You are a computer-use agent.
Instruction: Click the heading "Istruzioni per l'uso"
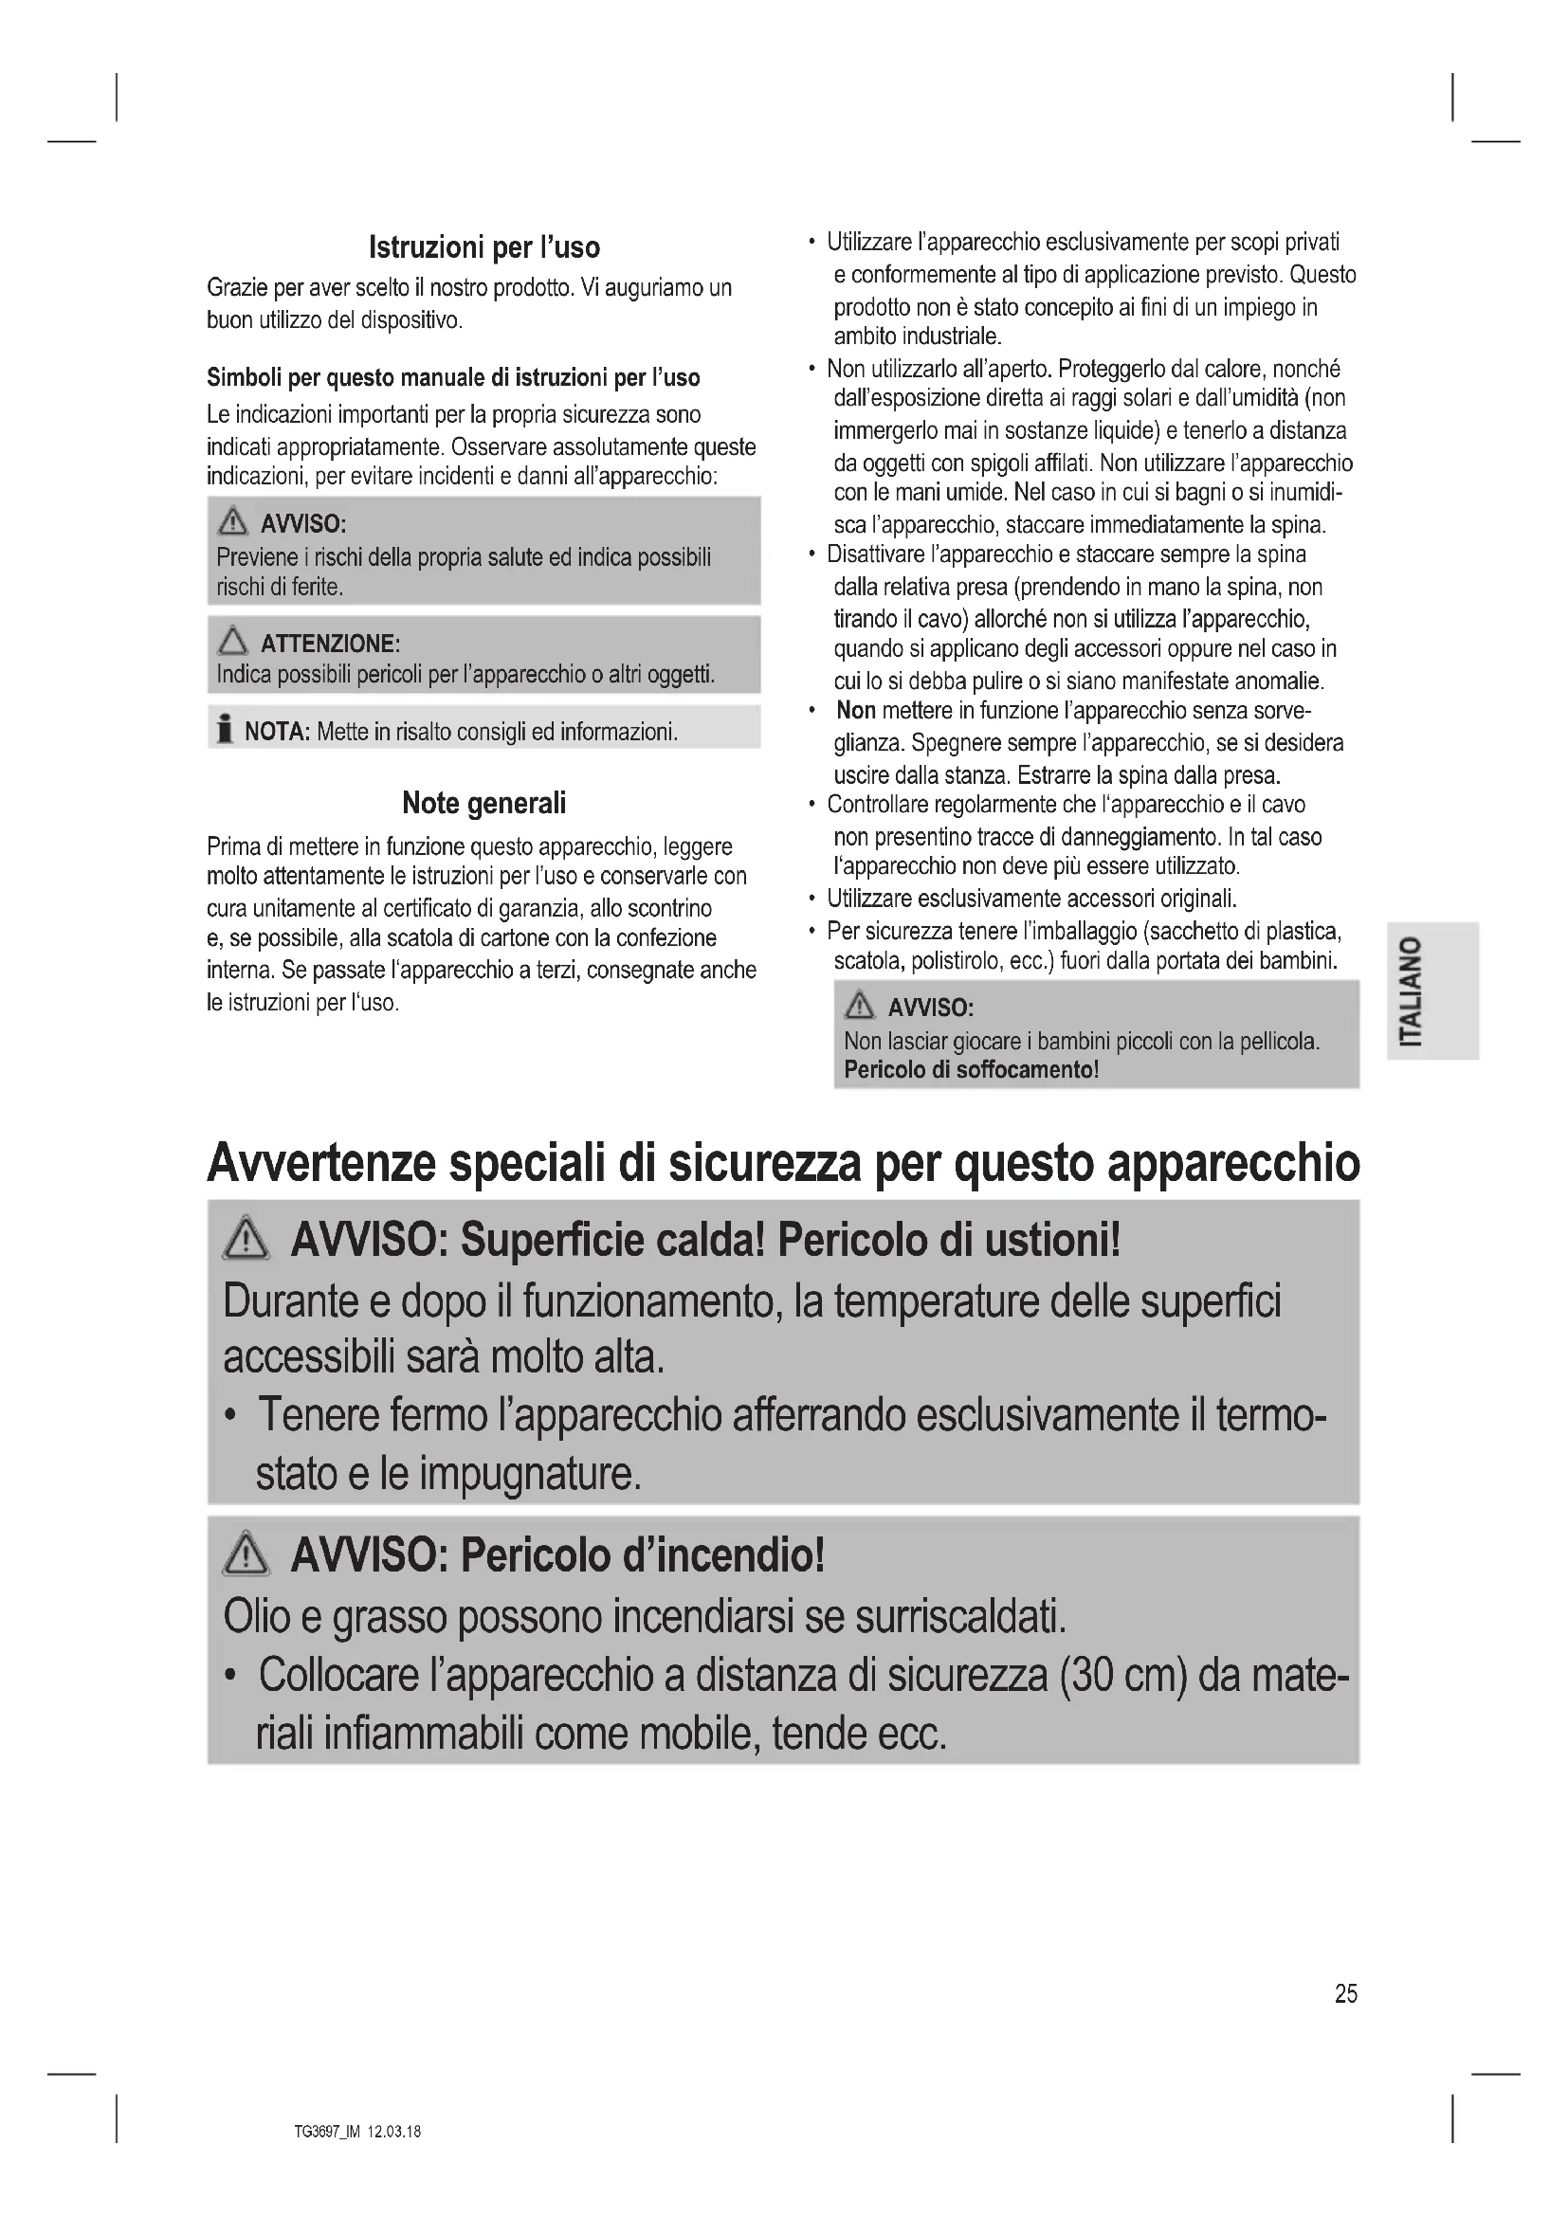coord(483,247)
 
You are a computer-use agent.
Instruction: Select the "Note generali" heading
coord(483,803)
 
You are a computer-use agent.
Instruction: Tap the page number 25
coord(1346,1994)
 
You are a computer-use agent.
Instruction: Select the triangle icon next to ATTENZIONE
coord(232,641)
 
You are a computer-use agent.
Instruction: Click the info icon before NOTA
coord(225,730)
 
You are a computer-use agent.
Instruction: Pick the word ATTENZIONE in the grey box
coord(330,644)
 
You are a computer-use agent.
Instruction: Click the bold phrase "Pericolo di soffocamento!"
coord(972,1070)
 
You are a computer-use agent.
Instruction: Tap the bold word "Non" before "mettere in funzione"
coord(855,711)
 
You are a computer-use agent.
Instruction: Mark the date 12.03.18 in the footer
coord(394,2132)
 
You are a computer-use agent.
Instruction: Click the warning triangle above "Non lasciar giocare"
coord(858,1007)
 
